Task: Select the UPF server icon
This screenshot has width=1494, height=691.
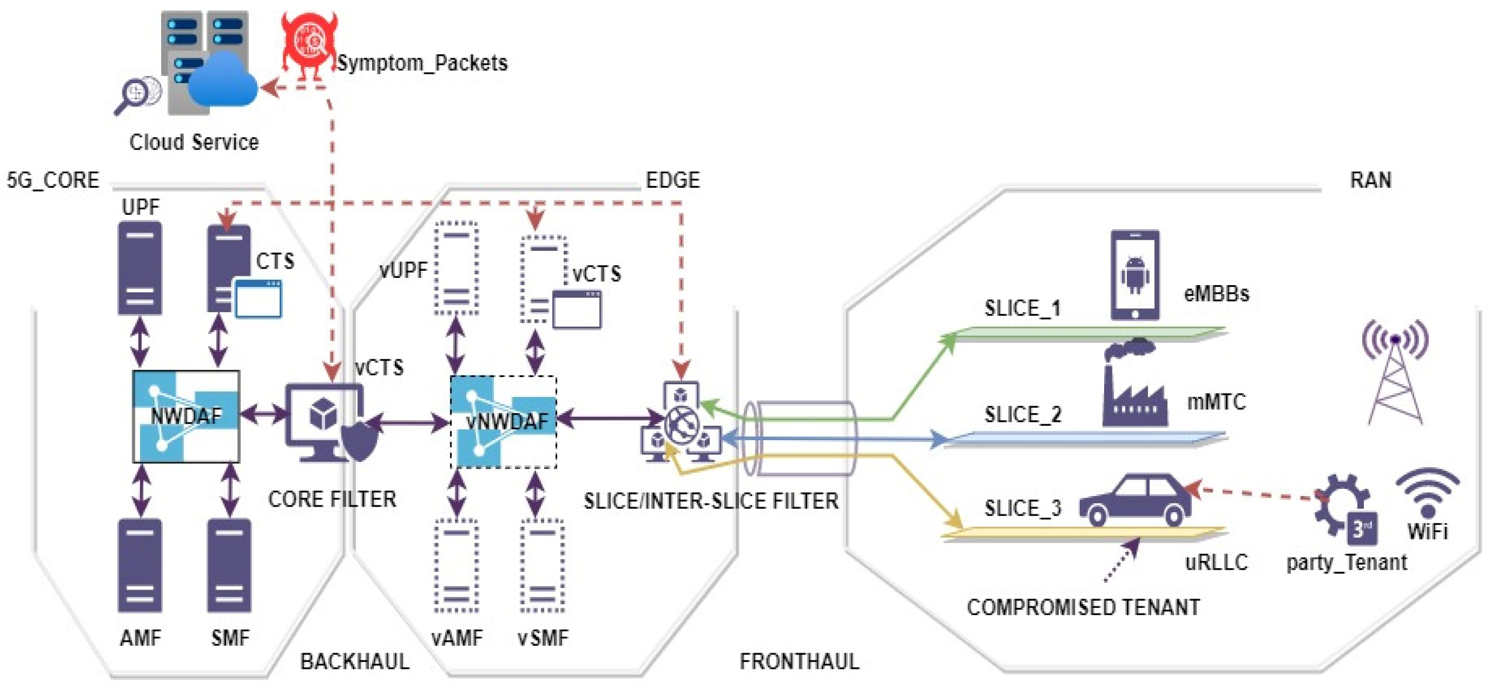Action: (140, 269)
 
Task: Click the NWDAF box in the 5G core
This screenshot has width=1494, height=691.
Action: (186, 416)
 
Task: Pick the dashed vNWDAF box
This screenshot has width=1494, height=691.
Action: (503, 421)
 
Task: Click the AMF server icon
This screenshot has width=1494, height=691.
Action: (140, 565)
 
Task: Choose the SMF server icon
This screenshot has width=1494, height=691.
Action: (229, 565)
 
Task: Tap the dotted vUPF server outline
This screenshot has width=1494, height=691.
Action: (456, 269)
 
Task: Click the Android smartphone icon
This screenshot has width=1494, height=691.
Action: (1135, 275)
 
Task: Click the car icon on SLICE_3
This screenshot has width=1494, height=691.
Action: (1134, 501)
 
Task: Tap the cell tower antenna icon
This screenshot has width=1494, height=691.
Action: (1395, 371)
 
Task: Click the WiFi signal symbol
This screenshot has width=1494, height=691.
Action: (1428, 493)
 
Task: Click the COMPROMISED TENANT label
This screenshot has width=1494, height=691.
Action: (1083, 607)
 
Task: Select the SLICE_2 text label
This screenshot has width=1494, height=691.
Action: (1022, 415)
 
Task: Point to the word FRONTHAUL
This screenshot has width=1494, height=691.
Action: (798, 662)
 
